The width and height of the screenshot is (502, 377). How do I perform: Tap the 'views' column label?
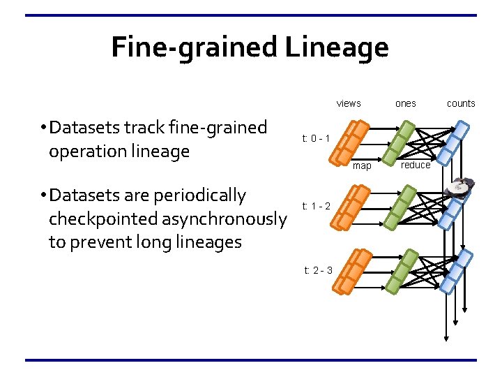349,103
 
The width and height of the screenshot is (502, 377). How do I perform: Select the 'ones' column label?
405,103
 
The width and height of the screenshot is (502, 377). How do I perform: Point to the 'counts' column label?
461,103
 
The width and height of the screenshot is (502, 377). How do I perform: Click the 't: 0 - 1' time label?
316,138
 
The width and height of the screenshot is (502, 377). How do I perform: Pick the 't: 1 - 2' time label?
316,206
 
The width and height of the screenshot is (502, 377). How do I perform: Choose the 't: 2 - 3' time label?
318,270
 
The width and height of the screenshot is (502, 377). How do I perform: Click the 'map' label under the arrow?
362,166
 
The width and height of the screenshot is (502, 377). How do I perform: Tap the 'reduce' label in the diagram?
416,165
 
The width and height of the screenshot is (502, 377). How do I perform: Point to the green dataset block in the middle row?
402,207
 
